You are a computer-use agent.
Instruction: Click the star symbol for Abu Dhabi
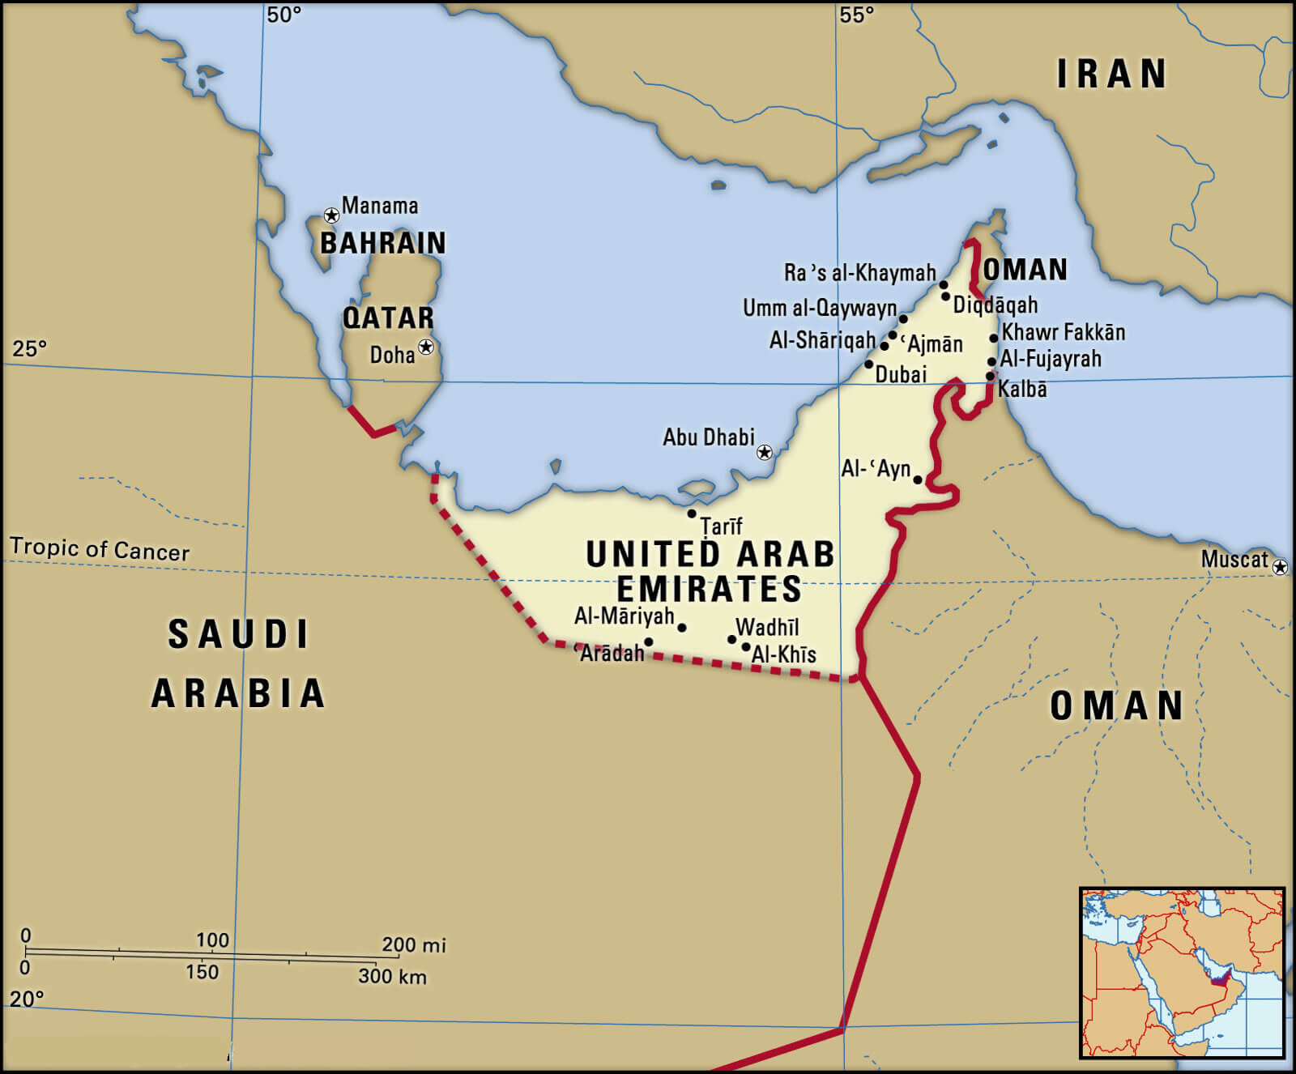[x=764, y=452]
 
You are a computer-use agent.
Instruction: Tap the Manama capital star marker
[x=331, y=215]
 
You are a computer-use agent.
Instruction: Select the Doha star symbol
[x=426, y=347]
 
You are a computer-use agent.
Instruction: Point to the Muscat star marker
[x=1280, y=567]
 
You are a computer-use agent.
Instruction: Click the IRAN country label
[x=1111, y=75]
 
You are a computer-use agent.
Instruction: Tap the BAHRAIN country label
[x=383, y=243]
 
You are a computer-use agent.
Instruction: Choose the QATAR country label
[x=388, y=318]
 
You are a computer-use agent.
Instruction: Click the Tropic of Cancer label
[x=100, y=549]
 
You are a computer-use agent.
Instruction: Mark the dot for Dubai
[x=869, y=364]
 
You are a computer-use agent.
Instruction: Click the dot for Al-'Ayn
[x=918, y=479]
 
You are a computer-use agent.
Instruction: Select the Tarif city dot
[x=692, y=514]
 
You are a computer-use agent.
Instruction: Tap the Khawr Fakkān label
[x=1063, y=332]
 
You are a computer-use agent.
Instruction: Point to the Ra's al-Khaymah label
[x=859, y=273]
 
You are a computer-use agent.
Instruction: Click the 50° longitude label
[x=283, y=15]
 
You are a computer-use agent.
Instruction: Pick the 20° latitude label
[x=27, y=999]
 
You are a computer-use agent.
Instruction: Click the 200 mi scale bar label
[x=413, y=944]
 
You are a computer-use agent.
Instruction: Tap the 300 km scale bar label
[x=392, y=976]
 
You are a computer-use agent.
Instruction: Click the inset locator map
[x=1183, y=973]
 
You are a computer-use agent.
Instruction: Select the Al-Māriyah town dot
[x=682, y=628]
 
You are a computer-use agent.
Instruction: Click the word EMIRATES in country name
[x=709, y=589]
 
